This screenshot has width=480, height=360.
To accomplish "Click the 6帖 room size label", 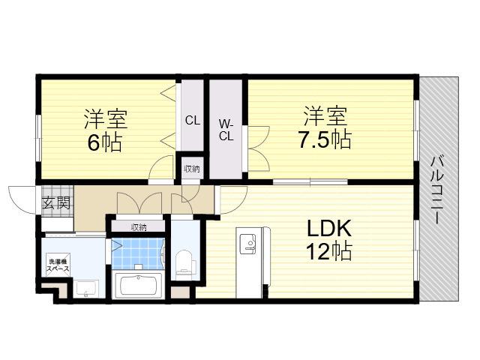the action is [105, 142].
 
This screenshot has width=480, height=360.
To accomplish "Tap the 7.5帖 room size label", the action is [325, 139].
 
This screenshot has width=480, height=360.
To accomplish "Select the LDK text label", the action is [329, 229].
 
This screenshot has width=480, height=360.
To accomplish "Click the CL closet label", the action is [193, 120].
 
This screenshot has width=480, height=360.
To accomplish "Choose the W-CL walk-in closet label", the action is [226, 130].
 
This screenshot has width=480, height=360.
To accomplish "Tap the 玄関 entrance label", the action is [56, 202].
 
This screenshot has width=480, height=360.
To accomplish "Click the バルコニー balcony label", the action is [436, 190].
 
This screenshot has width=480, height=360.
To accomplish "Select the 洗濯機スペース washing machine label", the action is [58, 265].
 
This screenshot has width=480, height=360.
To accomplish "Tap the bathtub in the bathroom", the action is [139, 285].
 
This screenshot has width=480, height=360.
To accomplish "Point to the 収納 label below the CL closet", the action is [192, 168].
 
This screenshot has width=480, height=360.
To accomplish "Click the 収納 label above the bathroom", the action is [139, 227].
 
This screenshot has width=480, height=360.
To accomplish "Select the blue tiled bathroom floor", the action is [138, 253].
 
